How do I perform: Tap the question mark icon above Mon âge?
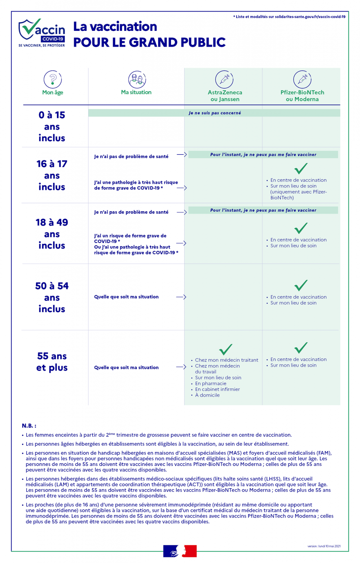[53, 79]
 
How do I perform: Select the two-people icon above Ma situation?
[137, 79]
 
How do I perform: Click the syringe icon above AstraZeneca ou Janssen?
[224, 79]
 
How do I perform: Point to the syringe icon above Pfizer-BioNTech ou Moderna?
[302, 79]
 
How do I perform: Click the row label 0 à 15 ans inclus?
[52, 126]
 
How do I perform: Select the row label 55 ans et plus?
[52, 362]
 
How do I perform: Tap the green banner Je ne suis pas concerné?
[214, 113]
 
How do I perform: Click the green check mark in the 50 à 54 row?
[301, 285]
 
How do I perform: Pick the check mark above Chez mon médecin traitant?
[226, 349]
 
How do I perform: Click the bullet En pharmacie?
[210, 383]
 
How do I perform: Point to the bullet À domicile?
[207, 395]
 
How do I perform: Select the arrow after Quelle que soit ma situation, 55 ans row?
[181, 367]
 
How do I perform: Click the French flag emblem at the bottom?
[180, 551]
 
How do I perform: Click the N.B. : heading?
[29, 425]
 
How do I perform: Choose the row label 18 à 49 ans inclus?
[52, 234]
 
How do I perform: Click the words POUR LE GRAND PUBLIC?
[149, 43]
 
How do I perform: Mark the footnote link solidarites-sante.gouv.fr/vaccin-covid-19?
[310, 17]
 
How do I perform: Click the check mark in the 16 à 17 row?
[301, 168]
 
